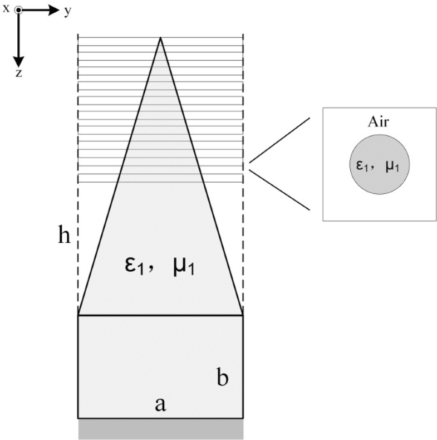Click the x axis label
point(6,8)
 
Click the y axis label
point(67,11)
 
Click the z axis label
point(18,72)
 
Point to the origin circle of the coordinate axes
point(18,10)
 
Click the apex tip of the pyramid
point(161,37)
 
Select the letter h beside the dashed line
point(65,236)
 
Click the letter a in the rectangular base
point(160,404)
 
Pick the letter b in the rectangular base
point(222,378)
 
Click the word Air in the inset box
point(379,122)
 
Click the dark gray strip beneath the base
point(160,428)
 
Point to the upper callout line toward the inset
point(279,140)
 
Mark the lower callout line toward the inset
point(279,190)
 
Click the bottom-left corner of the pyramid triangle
point(78,315)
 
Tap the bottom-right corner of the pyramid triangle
point(243,315)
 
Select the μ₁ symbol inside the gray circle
point(392,165)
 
